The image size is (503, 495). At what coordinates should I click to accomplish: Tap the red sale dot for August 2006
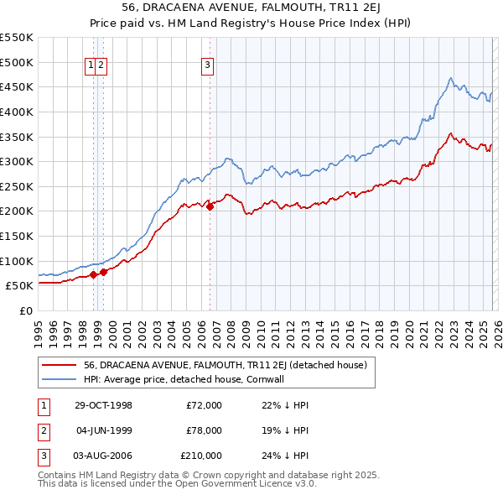click(210, 206)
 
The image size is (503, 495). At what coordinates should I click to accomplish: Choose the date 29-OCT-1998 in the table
click(104, 405)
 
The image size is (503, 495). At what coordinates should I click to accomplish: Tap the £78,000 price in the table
click(204, 430)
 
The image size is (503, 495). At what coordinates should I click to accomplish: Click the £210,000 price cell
click(201, 456)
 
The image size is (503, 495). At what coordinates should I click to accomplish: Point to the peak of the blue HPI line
click(450, 78)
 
